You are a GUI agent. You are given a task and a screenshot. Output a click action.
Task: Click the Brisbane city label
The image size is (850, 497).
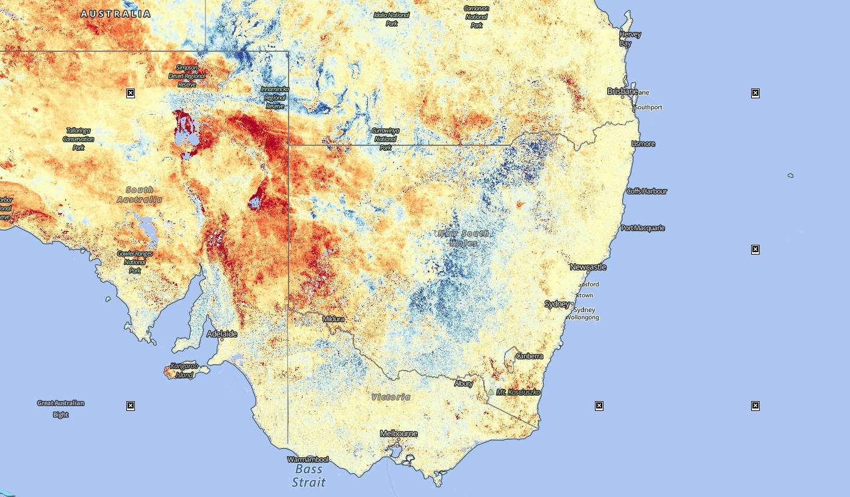pyautogui.click(x=622, y=91)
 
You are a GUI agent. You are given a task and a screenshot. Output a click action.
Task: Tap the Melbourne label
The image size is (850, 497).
pyautogui.click(x=398, y=434)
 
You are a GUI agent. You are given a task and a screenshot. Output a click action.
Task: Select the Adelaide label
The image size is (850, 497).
pyautogui.click(x=222, y=334)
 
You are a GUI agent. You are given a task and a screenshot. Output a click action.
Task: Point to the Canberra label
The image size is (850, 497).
pyautogui.click(x=529, y=356)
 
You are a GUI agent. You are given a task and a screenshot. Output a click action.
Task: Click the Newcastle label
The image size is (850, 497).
pyautogui.click(x=588, y=267)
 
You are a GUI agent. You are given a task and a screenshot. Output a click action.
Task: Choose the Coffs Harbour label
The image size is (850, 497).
pyautogui.click(x=647, y=191)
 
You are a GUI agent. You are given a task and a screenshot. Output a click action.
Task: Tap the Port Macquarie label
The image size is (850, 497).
pyautogui.click(x=643, y=228)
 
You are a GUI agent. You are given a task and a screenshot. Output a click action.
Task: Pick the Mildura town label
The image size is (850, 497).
pyautogui.click(x=333, y=319)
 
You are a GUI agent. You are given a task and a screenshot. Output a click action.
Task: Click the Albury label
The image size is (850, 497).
pyautogui.click(x=463, y=383)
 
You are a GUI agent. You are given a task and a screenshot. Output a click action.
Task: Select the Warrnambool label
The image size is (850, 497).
pyautogui.click(x=308, y=459)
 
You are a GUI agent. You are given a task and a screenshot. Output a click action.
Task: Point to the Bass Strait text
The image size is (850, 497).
pyautogui.click(x=309, y=476)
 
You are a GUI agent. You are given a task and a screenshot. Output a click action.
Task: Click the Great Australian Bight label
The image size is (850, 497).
pyautogui.click(x=60, y=408)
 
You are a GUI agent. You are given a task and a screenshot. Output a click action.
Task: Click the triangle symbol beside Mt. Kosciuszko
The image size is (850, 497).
pyautogui.click(x=491, y=392)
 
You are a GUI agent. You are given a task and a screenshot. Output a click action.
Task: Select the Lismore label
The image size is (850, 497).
pyautogui.click(x=643, y=144)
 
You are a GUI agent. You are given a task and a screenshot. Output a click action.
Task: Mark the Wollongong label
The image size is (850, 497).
pyautogui.click(x=582, y=317)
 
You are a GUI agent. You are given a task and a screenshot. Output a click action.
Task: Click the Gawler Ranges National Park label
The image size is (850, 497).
pyautogui.click(x=135, y=261)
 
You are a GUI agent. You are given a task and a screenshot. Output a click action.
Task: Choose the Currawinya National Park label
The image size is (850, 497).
pyautogui.click(x=386, y=139)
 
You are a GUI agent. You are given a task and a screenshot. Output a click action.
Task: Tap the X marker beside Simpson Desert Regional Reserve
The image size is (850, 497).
pyautogui.click(x=131, y=93)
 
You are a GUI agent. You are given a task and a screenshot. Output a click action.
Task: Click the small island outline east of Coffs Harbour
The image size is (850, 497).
pyautogui.click(x=790, y=175)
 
